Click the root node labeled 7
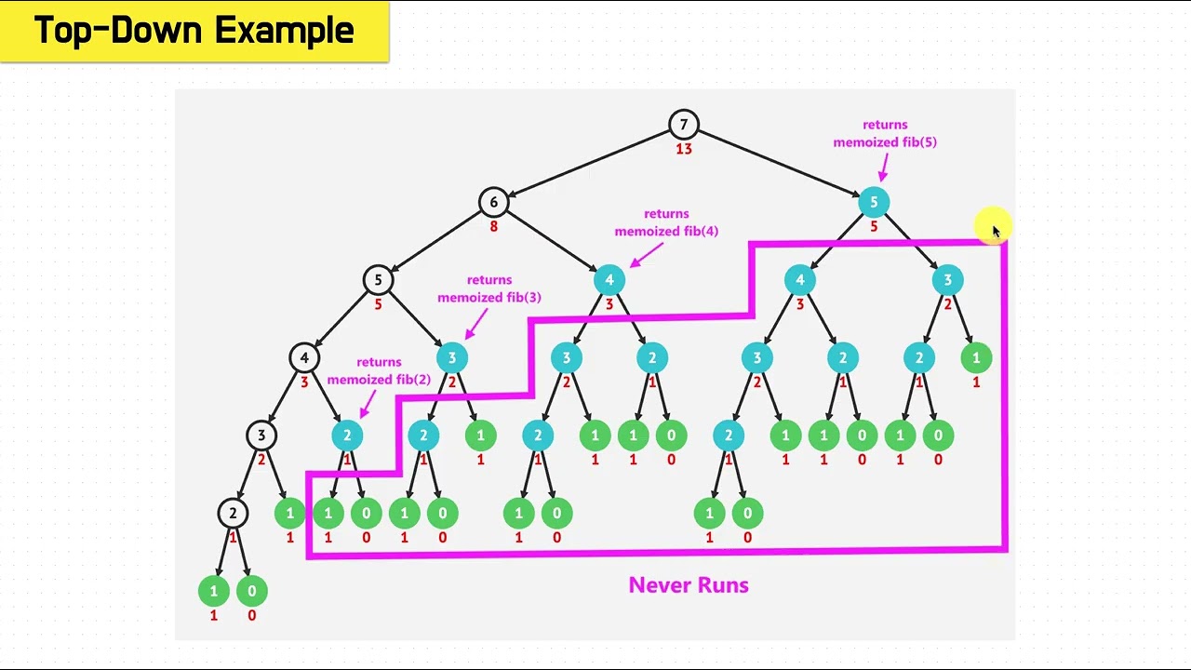pos(684,125)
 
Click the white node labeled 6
pos(494,202)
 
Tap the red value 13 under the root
pos(684,149)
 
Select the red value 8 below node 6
pos(494,226)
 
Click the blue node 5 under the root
pos(874,202)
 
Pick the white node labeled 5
pos(378,279)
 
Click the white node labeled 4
pos(304,357)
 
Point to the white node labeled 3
pos(261,435)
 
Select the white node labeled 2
pos(233,513)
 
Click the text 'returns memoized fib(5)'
pos(885,133)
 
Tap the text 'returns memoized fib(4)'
pos(666,222)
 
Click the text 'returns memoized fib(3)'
pos(489,288)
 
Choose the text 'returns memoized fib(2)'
pos(379,370)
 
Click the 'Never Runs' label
pos(689,585)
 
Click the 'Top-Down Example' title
pos(194,31)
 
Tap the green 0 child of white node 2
pos(251,590)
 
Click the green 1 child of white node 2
pos(213,590)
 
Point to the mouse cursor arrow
pos(995,231)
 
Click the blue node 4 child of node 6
pos(609,279)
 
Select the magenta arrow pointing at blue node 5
pos(882,167)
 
